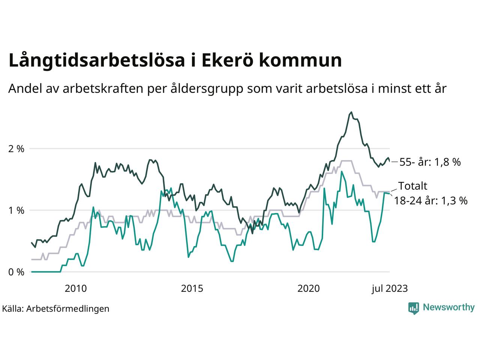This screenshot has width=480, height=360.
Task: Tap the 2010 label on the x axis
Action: pyautogui.click(x=76, y=288)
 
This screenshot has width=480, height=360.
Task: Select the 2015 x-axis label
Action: pyautogui.click(x=192, y=288)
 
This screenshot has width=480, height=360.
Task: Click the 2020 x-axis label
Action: pyautogui.click(x=308, y=288)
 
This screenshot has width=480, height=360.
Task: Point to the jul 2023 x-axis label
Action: pyautogui.click(x=390, y=288)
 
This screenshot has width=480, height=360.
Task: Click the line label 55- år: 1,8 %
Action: pyautogui.click(x=430, y=162)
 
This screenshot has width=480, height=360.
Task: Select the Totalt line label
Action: pyautogui.click(x=412, y=186)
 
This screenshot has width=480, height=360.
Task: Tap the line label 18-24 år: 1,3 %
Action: pyautogui.click(x=430, y=201)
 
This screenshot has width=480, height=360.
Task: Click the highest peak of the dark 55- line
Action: pyautogui.click(x=351, y=112)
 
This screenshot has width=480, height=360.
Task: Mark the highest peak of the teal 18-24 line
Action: pyautogui.click(x=342, y=171)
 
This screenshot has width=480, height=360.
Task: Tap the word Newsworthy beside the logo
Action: pyautogui.click(x=448, y=307)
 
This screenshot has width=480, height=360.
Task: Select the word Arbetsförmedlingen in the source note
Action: pyautogui.click(x=68, y=309)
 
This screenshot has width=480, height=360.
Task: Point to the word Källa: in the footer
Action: pyautogui.click(x=13, y=309)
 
